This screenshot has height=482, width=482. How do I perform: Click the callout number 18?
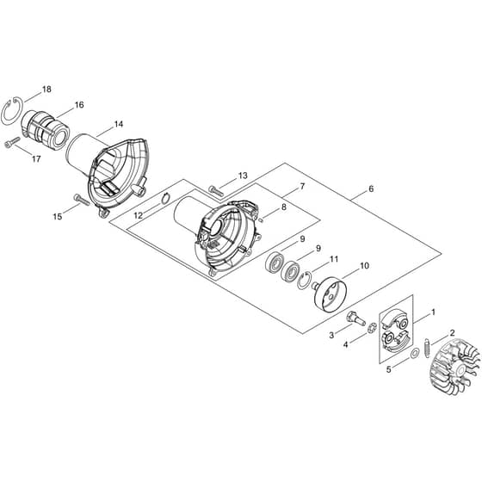click(46, 90)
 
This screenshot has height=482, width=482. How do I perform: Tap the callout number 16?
click(79, 105)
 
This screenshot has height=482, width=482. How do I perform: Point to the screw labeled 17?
click(12, 142)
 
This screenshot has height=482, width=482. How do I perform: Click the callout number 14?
click(119, 124)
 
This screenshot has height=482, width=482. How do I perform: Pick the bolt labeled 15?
click(82, 200)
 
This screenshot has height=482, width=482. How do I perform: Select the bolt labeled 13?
click(217, 189)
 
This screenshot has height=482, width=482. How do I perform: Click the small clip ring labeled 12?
click(164, 198)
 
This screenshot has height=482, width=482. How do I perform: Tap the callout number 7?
click(302, 187)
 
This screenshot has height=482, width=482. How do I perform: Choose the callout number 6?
click(371, 188)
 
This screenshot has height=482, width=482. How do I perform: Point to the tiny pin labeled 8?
click(261, 219)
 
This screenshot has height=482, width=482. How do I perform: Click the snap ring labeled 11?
click(303, 280)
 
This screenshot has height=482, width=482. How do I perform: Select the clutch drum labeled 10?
click(331, 294)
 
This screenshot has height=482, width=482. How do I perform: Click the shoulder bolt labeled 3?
click(355, 318)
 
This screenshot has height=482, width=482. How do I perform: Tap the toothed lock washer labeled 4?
click(372, 327)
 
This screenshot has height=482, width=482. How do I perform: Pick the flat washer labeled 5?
click(414, 353)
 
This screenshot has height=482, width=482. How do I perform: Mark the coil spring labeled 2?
click(427, 348)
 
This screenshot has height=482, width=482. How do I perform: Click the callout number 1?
click(434, 312)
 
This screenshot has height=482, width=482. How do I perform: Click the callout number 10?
click(364, 266)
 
